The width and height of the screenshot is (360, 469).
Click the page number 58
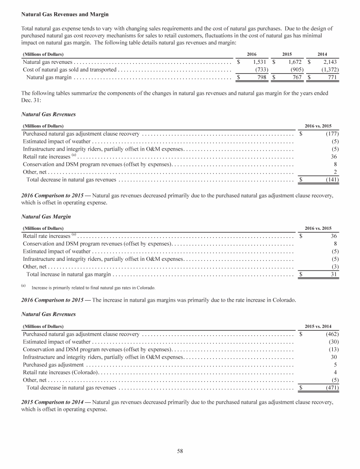click(x=180, y=451)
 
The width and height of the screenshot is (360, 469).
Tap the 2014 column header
click(x=322, y=54)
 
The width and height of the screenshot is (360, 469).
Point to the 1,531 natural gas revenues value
click(x=259, y=62)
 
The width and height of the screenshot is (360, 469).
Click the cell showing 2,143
click(x=328, y=62)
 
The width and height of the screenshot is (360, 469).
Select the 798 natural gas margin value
click(x=261, y=77)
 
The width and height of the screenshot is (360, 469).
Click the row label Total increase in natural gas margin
click(x=69, y=274)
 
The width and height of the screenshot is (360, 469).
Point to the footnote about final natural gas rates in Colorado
click(x=93, y=287)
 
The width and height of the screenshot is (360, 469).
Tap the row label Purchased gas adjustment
click(x=53, y=364)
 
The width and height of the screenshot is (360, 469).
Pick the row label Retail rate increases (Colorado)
click(x=60, y=372)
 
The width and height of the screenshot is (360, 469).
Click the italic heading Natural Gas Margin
click(x=45, y=217)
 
